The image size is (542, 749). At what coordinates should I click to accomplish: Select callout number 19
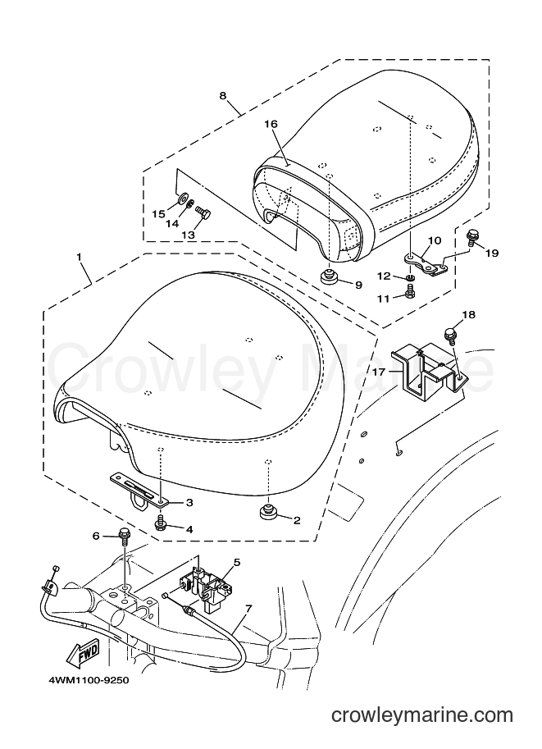click(491, 253)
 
